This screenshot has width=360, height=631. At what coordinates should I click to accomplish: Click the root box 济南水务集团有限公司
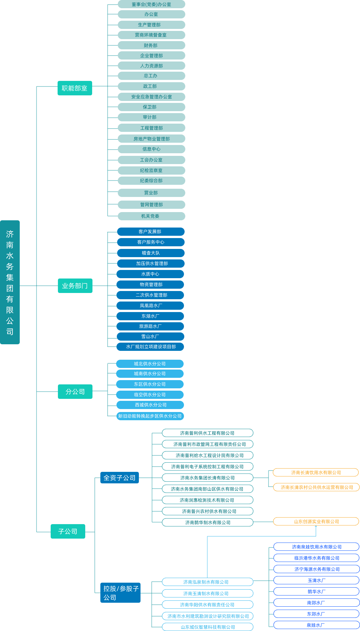10,282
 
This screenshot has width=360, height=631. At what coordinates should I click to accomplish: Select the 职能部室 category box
75,88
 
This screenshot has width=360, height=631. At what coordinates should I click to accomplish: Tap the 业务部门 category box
75,286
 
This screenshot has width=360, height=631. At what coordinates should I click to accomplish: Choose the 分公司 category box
75,392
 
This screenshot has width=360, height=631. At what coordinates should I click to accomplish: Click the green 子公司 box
68,531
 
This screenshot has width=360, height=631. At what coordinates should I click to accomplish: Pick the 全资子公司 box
119,478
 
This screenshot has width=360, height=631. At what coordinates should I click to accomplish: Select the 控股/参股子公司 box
120,593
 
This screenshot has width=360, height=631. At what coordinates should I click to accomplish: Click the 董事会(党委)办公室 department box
151,4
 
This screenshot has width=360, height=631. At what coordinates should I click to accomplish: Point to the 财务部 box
151,45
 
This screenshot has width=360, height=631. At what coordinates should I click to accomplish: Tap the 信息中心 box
151,149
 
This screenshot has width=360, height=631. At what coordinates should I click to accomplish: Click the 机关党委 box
151,216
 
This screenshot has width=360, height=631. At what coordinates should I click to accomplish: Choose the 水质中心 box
150,274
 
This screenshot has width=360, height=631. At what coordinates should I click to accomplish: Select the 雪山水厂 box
150,336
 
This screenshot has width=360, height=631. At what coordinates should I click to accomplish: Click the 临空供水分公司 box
150,395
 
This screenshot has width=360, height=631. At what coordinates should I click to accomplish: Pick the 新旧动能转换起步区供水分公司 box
150,416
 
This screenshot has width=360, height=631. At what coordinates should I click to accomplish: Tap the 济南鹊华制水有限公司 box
208,522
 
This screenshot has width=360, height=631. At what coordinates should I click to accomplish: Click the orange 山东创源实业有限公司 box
316,522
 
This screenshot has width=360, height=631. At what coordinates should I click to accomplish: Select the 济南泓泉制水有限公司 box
208,582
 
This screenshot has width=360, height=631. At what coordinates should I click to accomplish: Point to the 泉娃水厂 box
316,625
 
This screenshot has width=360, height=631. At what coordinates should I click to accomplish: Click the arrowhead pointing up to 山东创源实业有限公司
316,527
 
